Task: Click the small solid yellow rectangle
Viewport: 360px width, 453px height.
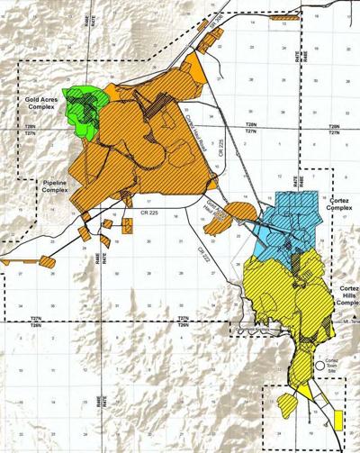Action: [337, 420]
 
